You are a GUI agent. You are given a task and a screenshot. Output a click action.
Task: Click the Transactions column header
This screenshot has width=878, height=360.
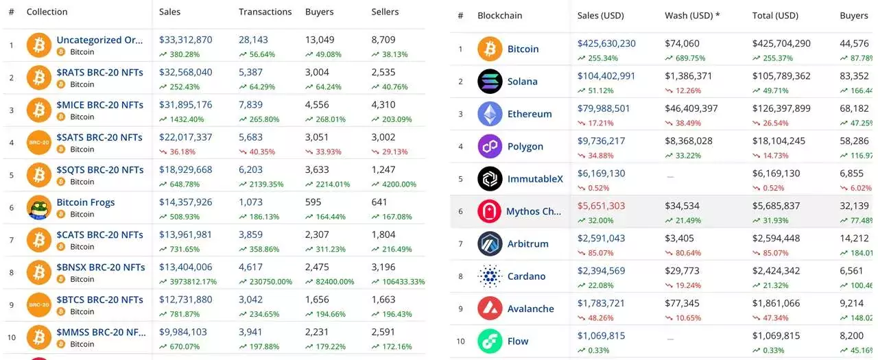coord(265,12)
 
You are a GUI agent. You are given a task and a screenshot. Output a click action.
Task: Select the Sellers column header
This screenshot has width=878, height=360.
coord(385,12)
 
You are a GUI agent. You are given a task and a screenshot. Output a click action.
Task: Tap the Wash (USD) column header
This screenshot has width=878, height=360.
coord(692,15)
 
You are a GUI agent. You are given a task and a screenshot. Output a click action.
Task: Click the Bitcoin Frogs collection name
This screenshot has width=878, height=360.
coord(86,202)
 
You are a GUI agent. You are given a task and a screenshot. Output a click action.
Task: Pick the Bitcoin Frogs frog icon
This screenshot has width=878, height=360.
coord(39,208)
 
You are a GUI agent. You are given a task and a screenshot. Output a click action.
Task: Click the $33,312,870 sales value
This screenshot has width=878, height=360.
coord(185,40)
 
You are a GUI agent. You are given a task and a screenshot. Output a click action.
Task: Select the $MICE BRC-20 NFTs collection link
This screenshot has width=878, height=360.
coord(99,105)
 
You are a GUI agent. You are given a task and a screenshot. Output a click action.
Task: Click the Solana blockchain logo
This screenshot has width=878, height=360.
coord(490,82)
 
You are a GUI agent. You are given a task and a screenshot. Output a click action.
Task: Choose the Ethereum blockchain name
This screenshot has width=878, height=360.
coord(529,114)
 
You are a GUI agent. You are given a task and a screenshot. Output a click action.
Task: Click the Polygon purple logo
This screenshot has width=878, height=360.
coord(490,147)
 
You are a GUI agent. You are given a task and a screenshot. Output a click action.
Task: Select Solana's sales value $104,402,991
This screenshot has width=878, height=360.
coord(606,76)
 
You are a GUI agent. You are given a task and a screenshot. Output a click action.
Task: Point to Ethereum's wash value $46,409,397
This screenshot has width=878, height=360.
coord(691,108)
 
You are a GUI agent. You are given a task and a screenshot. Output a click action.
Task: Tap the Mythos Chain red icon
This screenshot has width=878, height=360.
coord(490,211)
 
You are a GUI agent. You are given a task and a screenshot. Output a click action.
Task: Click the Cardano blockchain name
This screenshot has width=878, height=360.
coord(526,276)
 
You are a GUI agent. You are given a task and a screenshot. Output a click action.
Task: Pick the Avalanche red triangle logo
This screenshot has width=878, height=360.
coord(490,309)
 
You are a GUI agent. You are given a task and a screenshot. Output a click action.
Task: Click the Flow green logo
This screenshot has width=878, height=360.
coord(490,341)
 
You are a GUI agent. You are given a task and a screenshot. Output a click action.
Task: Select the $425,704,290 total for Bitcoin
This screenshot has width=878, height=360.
coord(781,43)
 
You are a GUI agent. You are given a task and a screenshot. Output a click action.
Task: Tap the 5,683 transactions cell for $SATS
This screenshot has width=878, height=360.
coord(250,137)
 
